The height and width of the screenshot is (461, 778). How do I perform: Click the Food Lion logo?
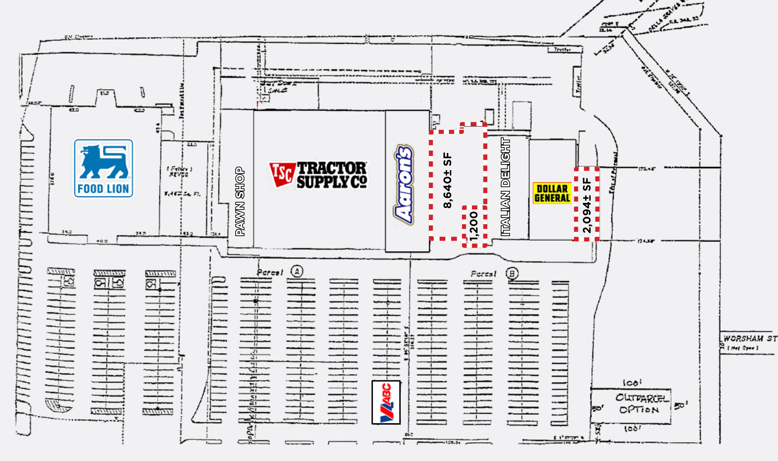pyautogui.click(x=103, y=168)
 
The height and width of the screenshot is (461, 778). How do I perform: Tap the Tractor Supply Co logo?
pyautogui.click(x=318, y=175)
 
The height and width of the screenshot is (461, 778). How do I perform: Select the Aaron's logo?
pyautogui.click(x=404, y=185)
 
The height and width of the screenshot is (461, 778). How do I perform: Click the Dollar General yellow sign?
pyautogui.click(x=552, y=193)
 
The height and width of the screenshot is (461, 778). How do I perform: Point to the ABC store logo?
pyautogui.click(x=386, y=402)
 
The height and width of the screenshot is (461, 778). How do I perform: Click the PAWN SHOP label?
pyautogui.click(x=240, y=201)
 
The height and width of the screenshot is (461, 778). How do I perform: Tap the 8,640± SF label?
pyautogui.click(x=447, y=180)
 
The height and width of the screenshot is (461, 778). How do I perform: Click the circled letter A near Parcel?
pyautogui.click(x=297, y=271)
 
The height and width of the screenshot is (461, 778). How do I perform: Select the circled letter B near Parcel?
pyautogui.click(x=512, y=274)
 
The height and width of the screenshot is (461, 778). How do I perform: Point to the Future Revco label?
pyautogui.click(x=179, y=171)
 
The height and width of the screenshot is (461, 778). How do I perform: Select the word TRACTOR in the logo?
pyautogui.click(x=332, y=168)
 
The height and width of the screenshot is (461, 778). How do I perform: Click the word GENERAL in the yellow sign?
pyautogui.click(x=552, y=198)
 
